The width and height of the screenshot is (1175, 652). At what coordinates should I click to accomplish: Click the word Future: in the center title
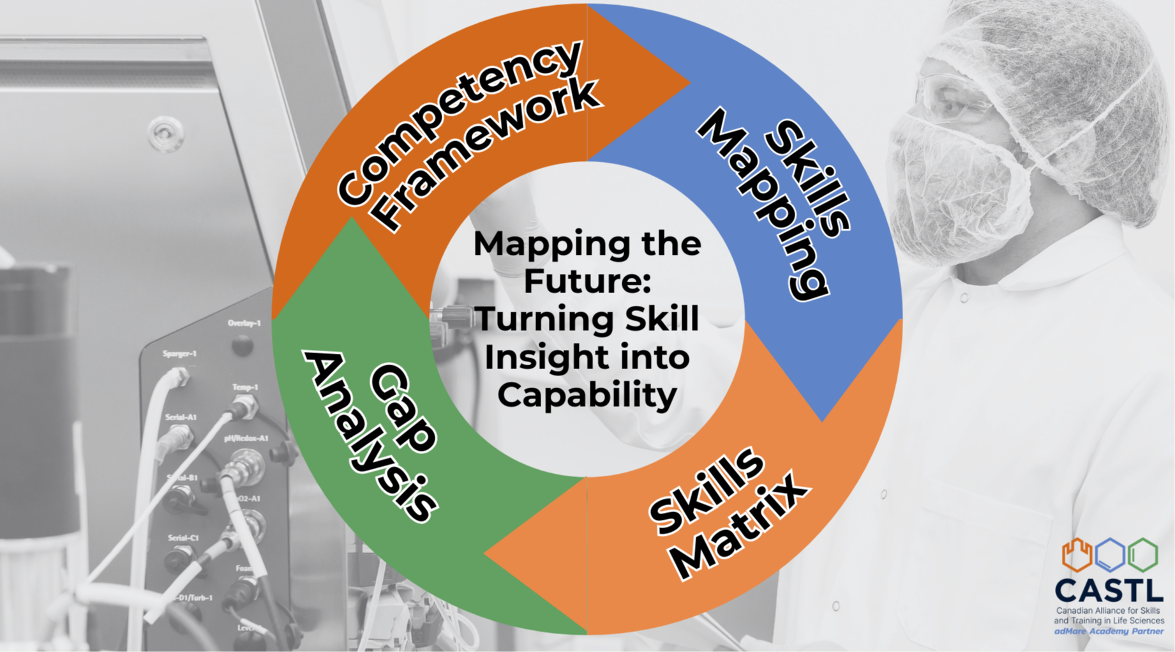click(x=587, y=281)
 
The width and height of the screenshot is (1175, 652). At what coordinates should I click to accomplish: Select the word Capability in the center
click(x=587, y=395)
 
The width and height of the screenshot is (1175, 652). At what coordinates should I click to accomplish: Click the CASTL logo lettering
click(x=1109, y=591)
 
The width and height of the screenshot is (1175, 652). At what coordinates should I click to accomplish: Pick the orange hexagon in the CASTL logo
click(x=1077, y=555)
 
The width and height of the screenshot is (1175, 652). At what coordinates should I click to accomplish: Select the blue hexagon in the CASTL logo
click(x=1110, y=555)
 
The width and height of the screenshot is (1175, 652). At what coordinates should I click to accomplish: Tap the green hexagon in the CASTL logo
click(x=1142, y=555)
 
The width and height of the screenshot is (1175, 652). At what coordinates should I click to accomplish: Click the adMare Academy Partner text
click(x=1109, y=632)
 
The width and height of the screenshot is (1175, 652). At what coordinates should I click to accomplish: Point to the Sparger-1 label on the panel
click(x=179, y=354)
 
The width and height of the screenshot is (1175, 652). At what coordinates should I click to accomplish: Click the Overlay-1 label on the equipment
click(x=244, y=323)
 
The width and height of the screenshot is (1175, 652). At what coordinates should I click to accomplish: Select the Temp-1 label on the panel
click(x=245, y=388)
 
